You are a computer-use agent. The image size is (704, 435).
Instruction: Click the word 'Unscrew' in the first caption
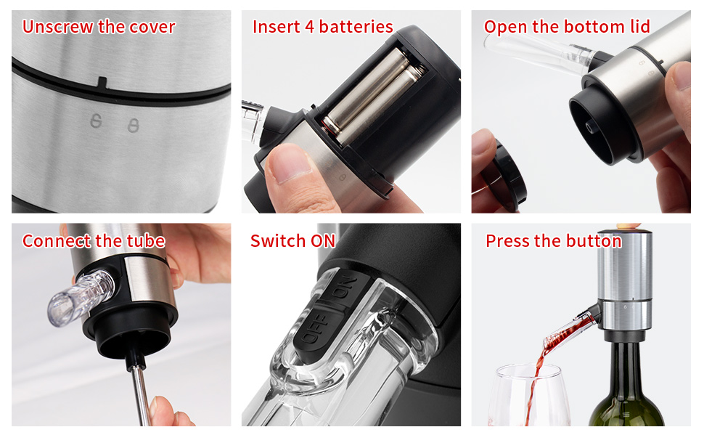[58, 27]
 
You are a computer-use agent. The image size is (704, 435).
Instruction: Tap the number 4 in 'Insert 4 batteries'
[309, 27]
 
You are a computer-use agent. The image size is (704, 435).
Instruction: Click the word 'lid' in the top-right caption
[640, 27]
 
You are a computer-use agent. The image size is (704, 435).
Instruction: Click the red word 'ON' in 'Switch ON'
[323, 241]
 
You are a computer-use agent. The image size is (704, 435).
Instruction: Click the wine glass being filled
[529, 396]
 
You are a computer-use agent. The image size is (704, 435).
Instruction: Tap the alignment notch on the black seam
[102, 83]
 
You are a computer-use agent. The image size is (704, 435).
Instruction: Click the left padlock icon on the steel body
[96, 121]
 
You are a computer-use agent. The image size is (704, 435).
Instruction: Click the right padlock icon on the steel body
[133, 126]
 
